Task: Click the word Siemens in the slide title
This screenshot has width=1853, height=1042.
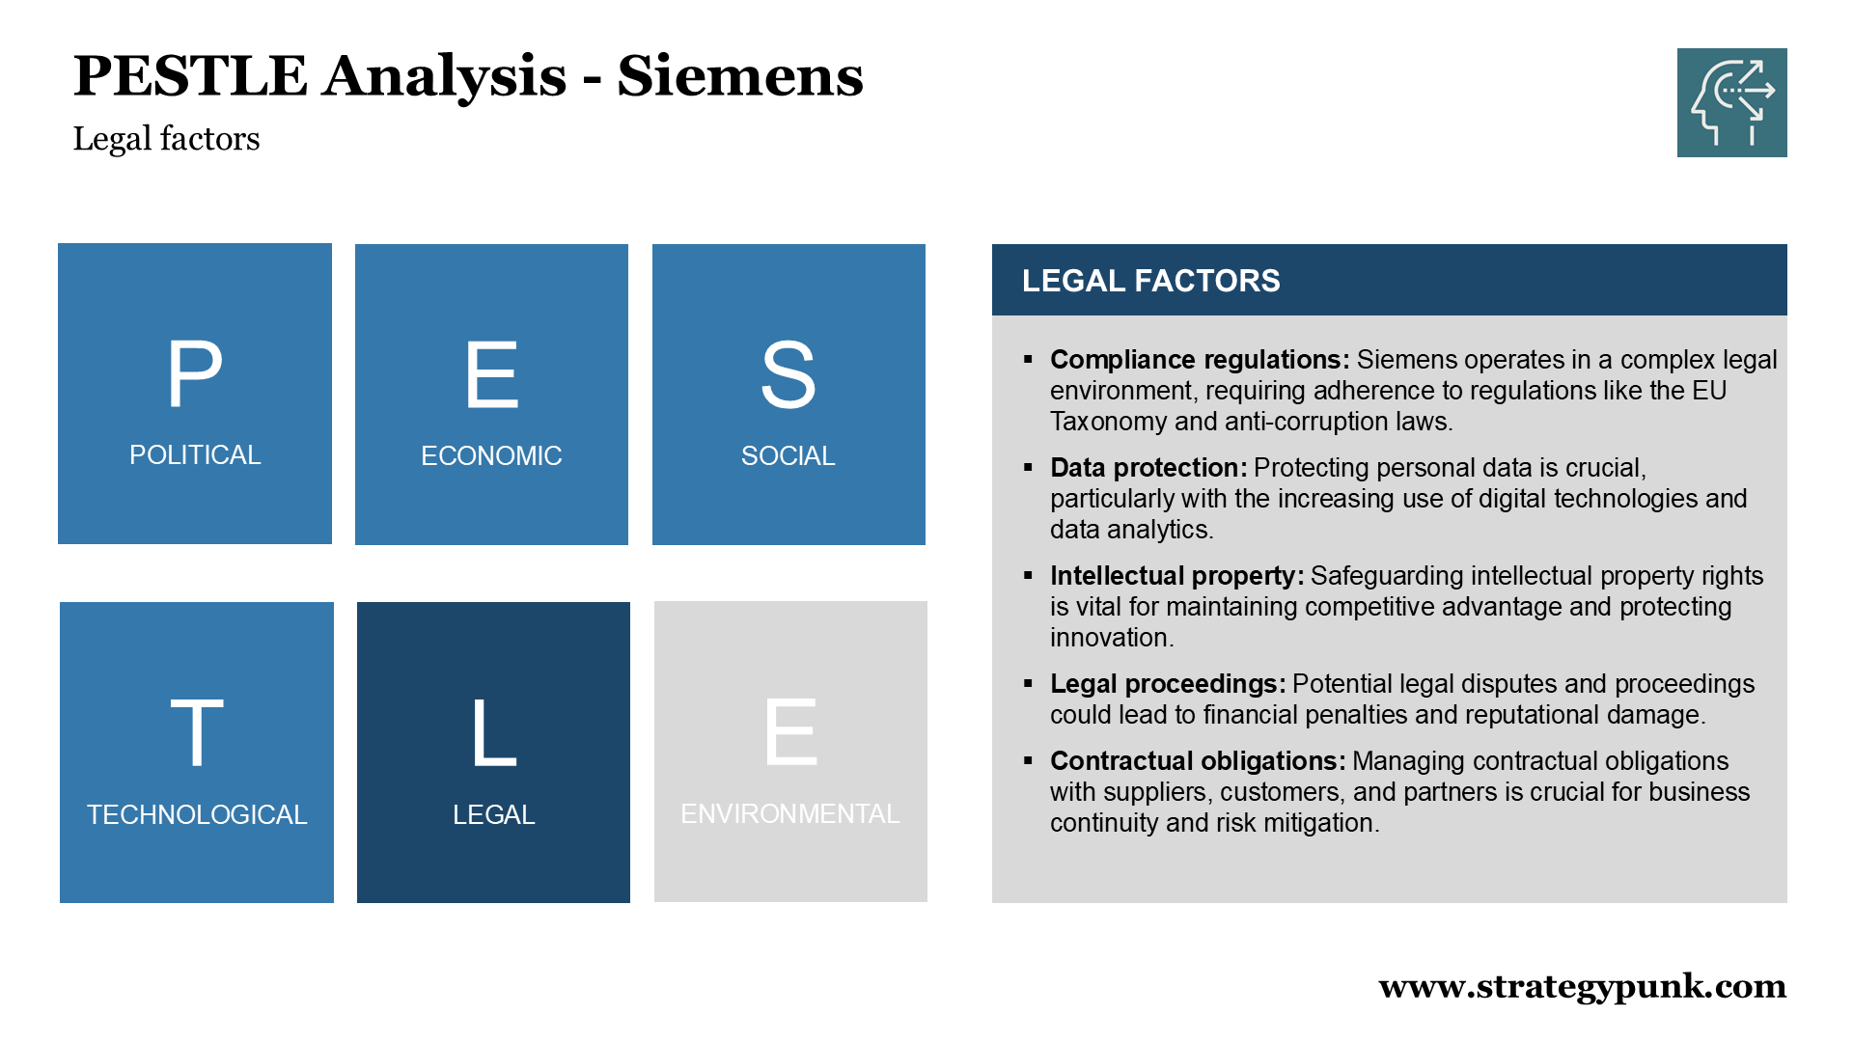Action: click(x=740, y=76)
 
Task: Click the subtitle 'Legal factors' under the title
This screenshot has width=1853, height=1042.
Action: click(x=166, y=139)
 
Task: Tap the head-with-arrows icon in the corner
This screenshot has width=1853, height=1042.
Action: click(x=1731, y=102)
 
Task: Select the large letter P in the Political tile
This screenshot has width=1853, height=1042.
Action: click(x=195, y=374)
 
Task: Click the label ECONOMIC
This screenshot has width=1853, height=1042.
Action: click(x=491, y=455)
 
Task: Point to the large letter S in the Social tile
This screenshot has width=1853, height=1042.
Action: click(x=788, y=374)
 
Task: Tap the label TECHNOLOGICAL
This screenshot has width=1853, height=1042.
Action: click(x=197, y=814)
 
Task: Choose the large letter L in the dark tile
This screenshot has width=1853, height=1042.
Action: click(x=494, y=733)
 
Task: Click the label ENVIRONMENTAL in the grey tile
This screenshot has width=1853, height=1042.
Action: click(x=790, y=813)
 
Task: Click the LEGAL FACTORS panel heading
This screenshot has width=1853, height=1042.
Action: click(x=1151, y=281)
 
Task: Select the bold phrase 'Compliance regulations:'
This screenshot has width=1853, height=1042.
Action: click(x=1200, y=360)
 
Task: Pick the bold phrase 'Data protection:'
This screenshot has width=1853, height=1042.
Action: click(x=1148, y=468)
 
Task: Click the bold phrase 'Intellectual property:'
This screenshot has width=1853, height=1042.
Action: click(x=1177, y=576)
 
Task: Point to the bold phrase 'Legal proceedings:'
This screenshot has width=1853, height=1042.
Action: click(x=1168, y=684)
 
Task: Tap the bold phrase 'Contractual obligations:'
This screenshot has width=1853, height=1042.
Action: click(x=1198, y=761)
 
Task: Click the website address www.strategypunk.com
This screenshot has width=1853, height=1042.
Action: click(x=1583, y=987)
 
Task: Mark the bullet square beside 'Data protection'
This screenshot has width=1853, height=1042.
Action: click(x=1028, y=467)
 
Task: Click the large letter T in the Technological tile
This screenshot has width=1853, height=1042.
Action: click(x=197, y=733)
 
